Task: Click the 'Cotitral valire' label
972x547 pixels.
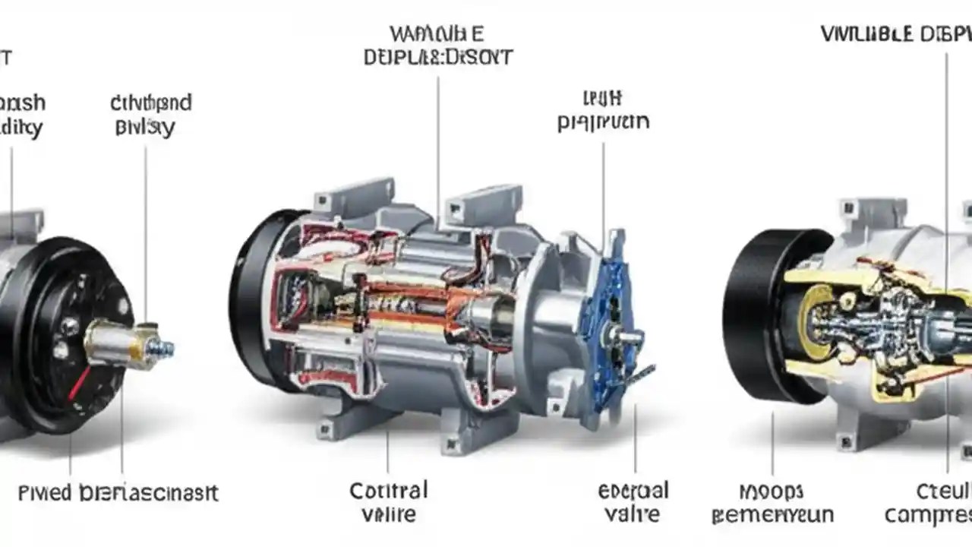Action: pyautogui.click(x=389, y=501)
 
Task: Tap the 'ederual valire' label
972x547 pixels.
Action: pyautogui.click(x=633, y=501)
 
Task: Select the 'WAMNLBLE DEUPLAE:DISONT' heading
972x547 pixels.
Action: pyautogui.click(x=437, y=46)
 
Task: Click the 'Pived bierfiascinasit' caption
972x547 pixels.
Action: pyautogui.click(x=118, y=492)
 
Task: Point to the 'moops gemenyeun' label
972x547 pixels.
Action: pyautogui.click(x=772, y=503)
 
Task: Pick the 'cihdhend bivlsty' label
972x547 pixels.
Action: pyautogui.click(x=150, y=114)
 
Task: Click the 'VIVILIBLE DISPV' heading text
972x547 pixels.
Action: pyautogui.click(x=896, y=35)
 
